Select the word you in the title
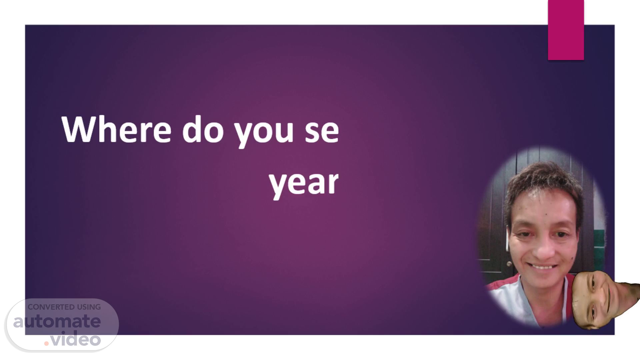point(264,133)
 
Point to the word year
point(304,185)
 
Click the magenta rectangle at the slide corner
point(566,30)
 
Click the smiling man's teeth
point(543,267)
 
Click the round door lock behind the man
point(509,264)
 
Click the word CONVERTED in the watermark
point(51,307)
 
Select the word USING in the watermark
point(89,307)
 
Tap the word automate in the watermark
point(57,321)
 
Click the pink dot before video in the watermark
point(47,343)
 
